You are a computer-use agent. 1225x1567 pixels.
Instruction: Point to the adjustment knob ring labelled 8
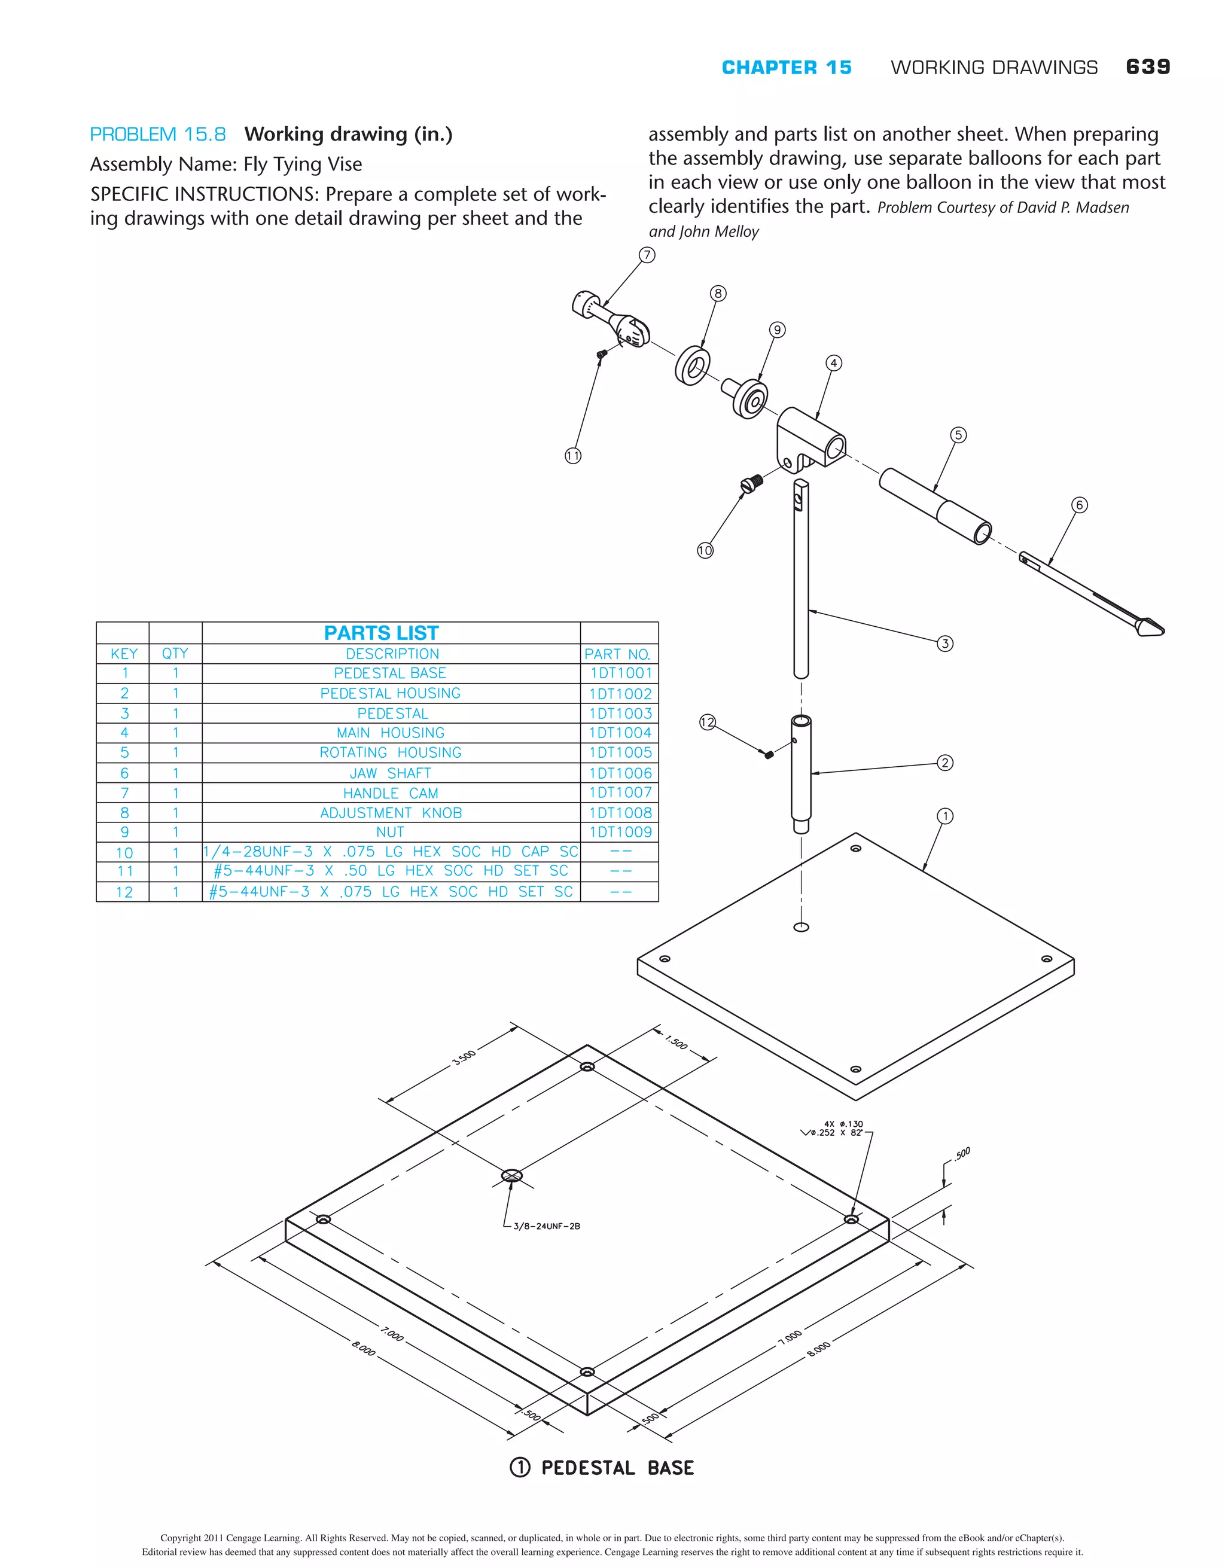pyautogui.click(x=693, y=366)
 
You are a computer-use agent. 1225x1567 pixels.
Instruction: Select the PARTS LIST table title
pyautogui.click(x=381, y=633)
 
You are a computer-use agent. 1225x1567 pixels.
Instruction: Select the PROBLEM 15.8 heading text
pyautogui.click(x=158, y=134)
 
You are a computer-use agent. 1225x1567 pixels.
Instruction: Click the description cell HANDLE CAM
pyautogui.click(x=391, y=793)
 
